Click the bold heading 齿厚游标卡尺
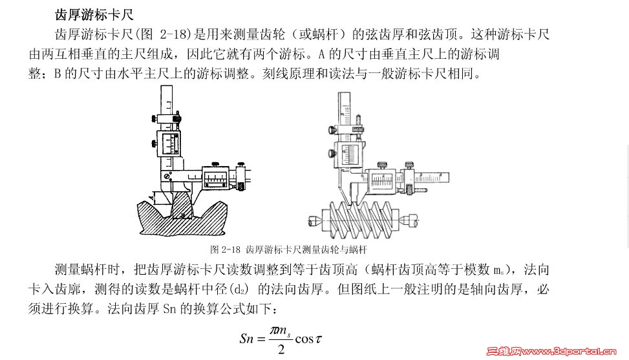[x=94, y=15]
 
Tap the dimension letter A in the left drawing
[x=151, y=197]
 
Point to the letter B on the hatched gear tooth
[x=183, y=216]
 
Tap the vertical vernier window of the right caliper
[x=349, y=155]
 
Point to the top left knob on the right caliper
[x=332, y=130]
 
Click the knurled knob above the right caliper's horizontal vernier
[x=382, y=165]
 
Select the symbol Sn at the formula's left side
[x=247, y=339]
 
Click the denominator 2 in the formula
[x=281, y=350]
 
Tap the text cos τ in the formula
[x=308, y=339]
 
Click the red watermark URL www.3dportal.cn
[x=568, y=352]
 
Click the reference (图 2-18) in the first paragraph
[x=163, y=34]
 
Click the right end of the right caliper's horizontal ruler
[x=449, y=178]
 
